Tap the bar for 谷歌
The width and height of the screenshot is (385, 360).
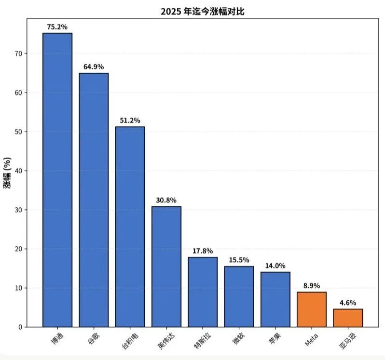click(94, 200)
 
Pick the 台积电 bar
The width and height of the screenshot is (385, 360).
click(130, 227)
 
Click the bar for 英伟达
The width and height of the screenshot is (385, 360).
click(166, 267)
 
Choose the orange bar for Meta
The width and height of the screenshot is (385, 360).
click(312, 309)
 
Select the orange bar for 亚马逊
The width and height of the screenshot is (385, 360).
click(348, 318)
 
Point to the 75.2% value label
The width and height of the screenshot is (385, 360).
click(57, 27)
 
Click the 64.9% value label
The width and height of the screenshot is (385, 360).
click(94, 67)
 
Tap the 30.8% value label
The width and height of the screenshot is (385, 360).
click(166, 200)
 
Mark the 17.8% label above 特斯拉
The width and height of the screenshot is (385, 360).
click(203, 251)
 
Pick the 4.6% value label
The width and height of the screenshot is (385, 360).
click(348, 303)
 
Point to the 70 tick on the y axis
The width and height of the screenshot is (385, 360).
click(18, 53)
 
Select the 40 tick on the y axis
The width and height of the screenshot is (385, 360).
click(18, 171)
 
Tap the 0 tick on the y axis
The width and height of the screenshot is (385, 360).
click(20, 327)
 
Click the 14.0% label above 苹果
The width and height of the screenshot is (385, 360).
click(275, 266)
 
